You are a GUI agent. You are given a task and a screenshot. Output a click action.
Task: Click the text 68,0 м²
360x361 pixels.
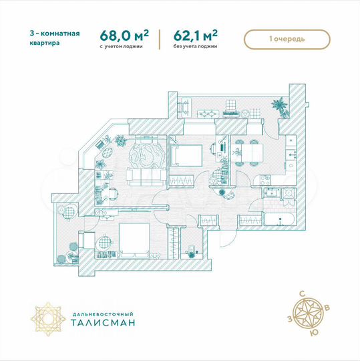(124, 35)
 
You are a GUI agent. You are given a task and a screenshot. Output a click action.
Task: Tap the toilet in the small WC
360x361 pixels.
(191, 250)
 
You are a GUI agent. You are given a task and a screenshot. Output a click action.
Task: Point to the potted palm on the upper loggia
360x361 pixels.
(278, 105)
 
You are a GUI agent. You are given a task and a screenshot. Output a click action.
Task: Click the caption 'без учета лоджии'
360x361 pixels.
(196, 47)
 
